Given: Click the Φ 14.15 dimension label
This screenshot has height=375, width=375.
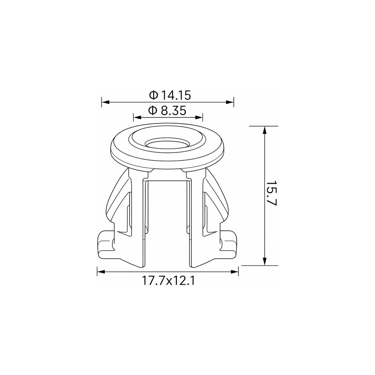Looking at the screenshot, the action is click(170, 95).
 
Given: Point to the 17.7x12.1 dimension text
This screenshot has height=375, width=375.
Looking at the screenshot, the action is click(168, 280).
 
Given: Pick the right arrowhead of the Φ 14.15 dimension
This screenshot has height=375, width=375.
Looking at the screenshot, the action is click(229, 102).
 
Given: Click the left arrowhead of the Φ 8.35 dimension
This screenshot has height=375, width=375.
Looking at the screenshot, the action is click(137, 117).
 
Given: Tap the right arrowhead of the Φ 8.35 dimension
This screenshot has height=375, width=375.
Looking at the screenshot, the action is click(199, 117).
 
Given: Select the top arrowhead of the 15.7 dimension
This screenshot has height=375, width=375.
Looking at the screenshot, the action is click(264, 130).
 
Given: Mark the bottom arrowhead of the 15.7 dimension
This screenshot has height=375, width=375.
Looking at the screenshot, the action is click(264, 261).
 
